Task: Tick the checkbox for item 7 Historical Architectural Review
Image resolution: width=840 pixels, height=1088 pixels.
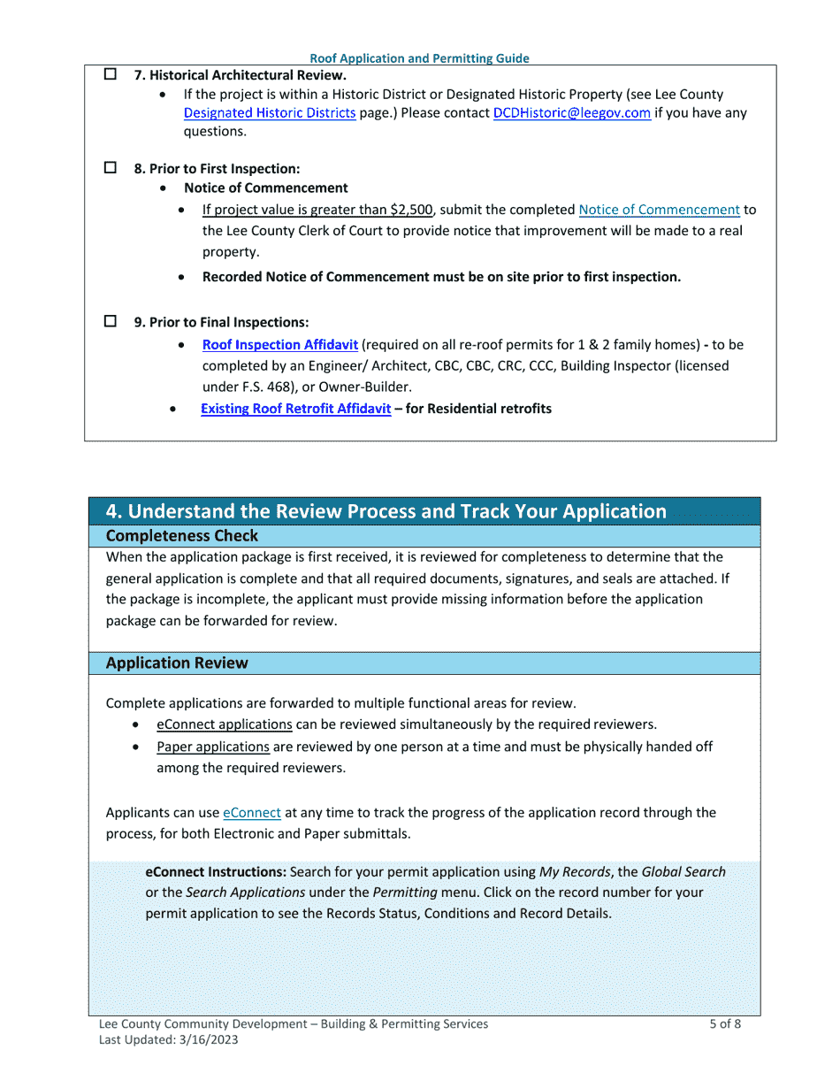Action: [111, 75]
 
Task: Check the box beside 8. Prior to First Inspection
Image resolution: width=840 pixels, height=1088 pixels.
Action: [111, 167]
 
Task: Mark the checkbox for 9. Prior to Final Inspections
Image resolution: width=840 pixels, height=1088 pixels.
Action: [111, 322]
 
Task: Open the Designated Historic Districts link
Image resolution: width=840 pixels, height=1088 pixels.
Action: [270, 113]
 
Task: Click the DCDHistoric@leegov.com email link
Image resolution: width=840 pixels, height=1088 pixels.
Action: [571, 113]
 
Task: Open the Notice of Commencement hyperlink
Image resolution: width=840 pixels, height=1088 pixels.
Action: [659, 210]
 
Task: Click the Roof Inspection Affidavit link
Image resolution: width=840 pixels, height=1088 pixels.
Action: [279, 345]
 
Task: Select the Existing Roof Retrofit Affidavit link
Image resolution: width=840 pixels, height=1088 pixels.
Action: [295, 409]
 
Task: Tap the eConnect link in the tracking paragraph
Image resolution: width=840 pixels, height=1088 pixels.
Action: [252, 812]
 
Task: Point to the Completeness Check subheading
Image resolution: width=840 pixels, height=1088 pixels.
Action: [181, 536]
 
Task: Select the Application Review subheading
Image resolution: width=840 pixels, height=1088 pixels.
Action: [177, 663]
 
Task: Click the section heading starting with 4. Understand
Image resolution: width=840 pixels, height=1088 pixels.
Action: [386, 511]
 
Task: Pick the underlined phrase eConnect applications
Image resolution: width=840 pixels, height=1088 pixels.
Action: [225, 724]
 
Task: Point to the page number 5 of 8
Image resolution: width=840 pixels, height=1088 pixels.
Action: [724, 1024]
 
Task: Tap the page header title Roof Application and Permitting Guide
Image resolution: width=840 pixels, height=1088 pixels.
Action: [419, 58]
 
